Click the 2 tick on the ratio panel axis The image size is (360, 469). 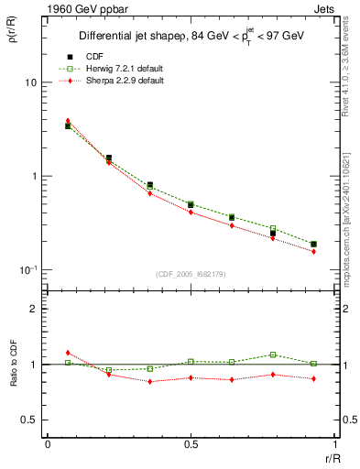35,309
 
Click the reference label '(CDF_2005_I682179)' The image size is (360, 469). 191,275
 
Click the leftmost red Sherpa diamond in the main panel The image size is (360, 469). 68,120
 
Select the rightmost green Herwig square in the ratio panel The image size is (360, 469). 313,364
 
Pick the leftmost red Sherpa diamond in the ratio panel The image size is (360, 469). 68,353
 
